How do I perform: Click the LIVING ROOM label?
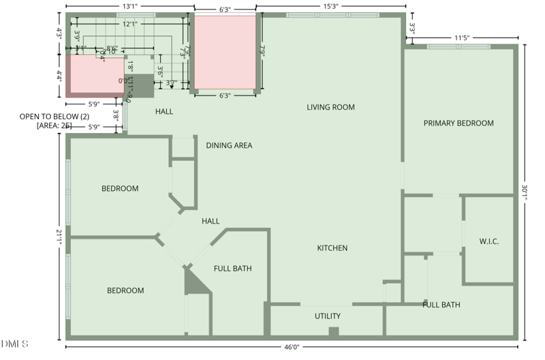tap(330, 107)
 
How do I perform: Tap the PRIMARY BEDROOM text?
tap(458, 123)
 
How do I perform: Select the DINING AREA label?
tap(230, 145)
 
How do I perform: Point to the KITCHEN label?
tap(332, 248)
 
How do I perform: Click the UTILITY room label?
tap(327, 316)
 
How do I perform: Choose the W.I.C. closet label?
tap(489, 241)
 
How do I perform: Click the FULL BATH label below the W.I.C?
tap(441, 305)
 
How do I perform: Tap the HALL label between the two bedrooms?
tap(211, 221)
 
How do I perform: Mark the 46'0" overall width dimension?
tap(292, 347)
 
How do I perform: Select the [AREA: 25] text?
tap(54, 126)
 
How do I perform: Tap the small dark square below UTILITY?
tap(333, 331)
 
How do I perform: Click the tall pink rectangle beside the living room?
tap(225, 52)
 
